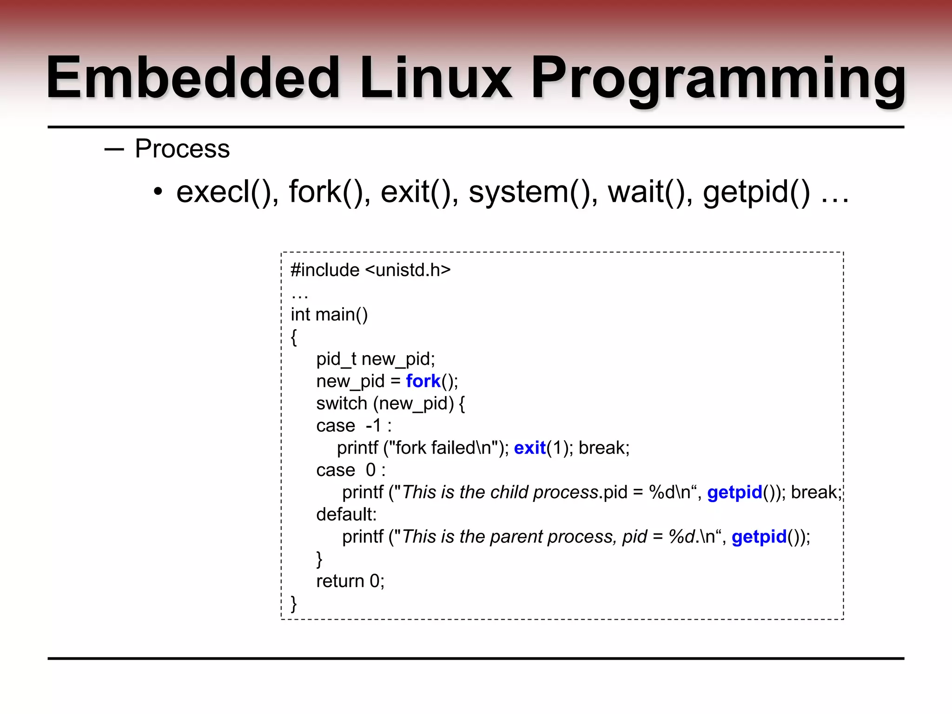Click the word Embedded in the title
click(193, 78)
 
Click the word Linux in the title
click(435, 78)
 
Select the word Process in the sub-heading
click(182, 149)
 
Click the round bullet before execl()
click(158, 192)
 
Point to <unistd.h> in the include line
click(408, 270)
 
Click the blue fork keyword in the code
click(423, 381)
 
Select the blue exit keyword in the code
click(529, 448)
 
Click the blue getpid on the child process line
click(734, 492)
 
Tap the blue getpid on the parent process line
click(759, 537)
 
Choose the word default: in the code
click(346, 515)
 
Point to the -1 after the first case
click(374, 425)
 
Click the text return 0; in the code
click(350, 581)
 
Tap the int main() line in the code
click(329, 315)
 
